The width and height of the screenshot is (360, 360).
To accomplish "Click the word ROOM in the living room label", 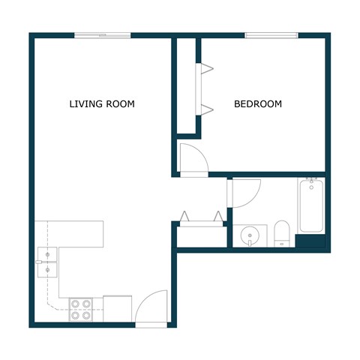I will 121,104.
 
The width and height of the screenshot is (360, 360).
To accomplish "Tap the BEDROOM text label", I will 258,104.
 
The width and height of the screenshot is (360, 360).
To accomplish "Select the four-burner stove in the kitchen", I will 80,310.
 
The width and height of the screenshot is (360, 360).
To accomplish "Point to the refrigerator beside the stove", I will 117,308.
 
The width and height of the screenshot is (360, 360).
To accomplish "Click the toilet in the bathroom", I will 282,233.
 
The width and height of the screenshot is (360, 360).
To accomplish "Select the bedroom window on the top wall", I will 271,34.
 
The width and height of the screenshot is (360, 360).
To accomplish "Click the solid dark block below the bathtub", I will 310,242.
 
